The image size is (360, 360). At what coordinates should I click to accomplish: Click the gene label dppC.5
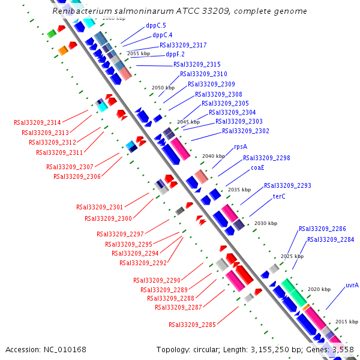coord(155,26)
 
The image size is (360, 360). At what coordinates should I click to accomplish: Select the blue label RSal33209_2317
coord(183,45)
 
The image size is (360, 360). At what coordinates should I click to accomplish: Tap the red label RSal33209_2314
coord(37,122)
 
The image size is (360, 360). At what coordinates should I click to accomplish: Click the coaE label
coord(257,167)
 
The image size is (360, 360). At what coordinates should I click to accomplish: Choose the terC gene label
coord(279,196)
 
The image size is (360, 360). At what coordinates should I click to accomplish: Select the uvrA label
coord(352,285)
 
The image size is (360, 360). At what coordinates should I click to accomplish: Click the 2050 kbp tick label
coord(163,88)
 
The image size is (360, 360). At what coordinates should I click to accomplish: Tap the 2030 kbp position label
coord(266,223)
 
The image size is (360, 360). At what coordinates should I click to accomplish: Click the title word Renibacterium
coord(82,11)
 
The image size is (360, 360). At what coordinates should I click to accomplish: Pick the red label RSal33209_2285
coord(192,325)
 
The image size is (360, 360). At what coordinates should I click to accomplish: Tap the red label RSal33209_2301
coord(100,207)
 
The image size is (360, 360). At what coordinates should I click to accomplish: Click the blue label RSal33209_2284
coord(331,239)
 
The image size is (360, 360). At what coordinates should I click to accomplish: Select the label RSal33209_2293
coord(287,185)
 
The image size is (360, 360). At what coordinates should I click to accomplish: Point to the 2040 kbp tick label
coord(214,156)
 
